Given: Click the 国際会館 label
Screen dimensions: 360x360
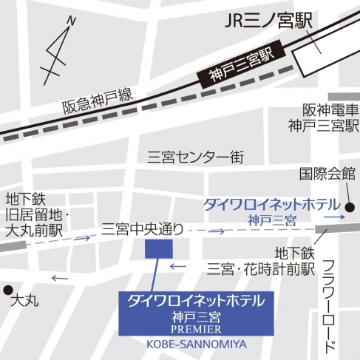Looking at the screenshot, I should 327,174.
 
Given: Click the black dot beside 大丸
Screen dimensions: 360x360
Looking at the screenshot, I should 7,289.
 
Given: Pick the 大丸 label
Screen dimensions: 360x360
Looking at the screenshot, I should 26,302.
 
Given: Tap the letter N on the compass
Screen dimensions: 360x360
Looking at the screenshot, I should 70,21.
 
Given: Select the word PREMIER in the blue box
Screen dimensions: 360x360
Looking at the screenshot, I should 195,330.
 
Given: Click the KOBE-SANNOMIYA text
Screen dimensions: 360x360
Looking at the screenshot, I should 195,344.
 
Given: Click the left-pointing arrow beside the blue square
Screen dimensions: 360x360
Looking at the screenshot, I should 177,266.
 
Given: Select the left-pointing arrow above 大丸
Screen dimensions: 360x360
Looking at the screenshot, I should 59,279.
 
